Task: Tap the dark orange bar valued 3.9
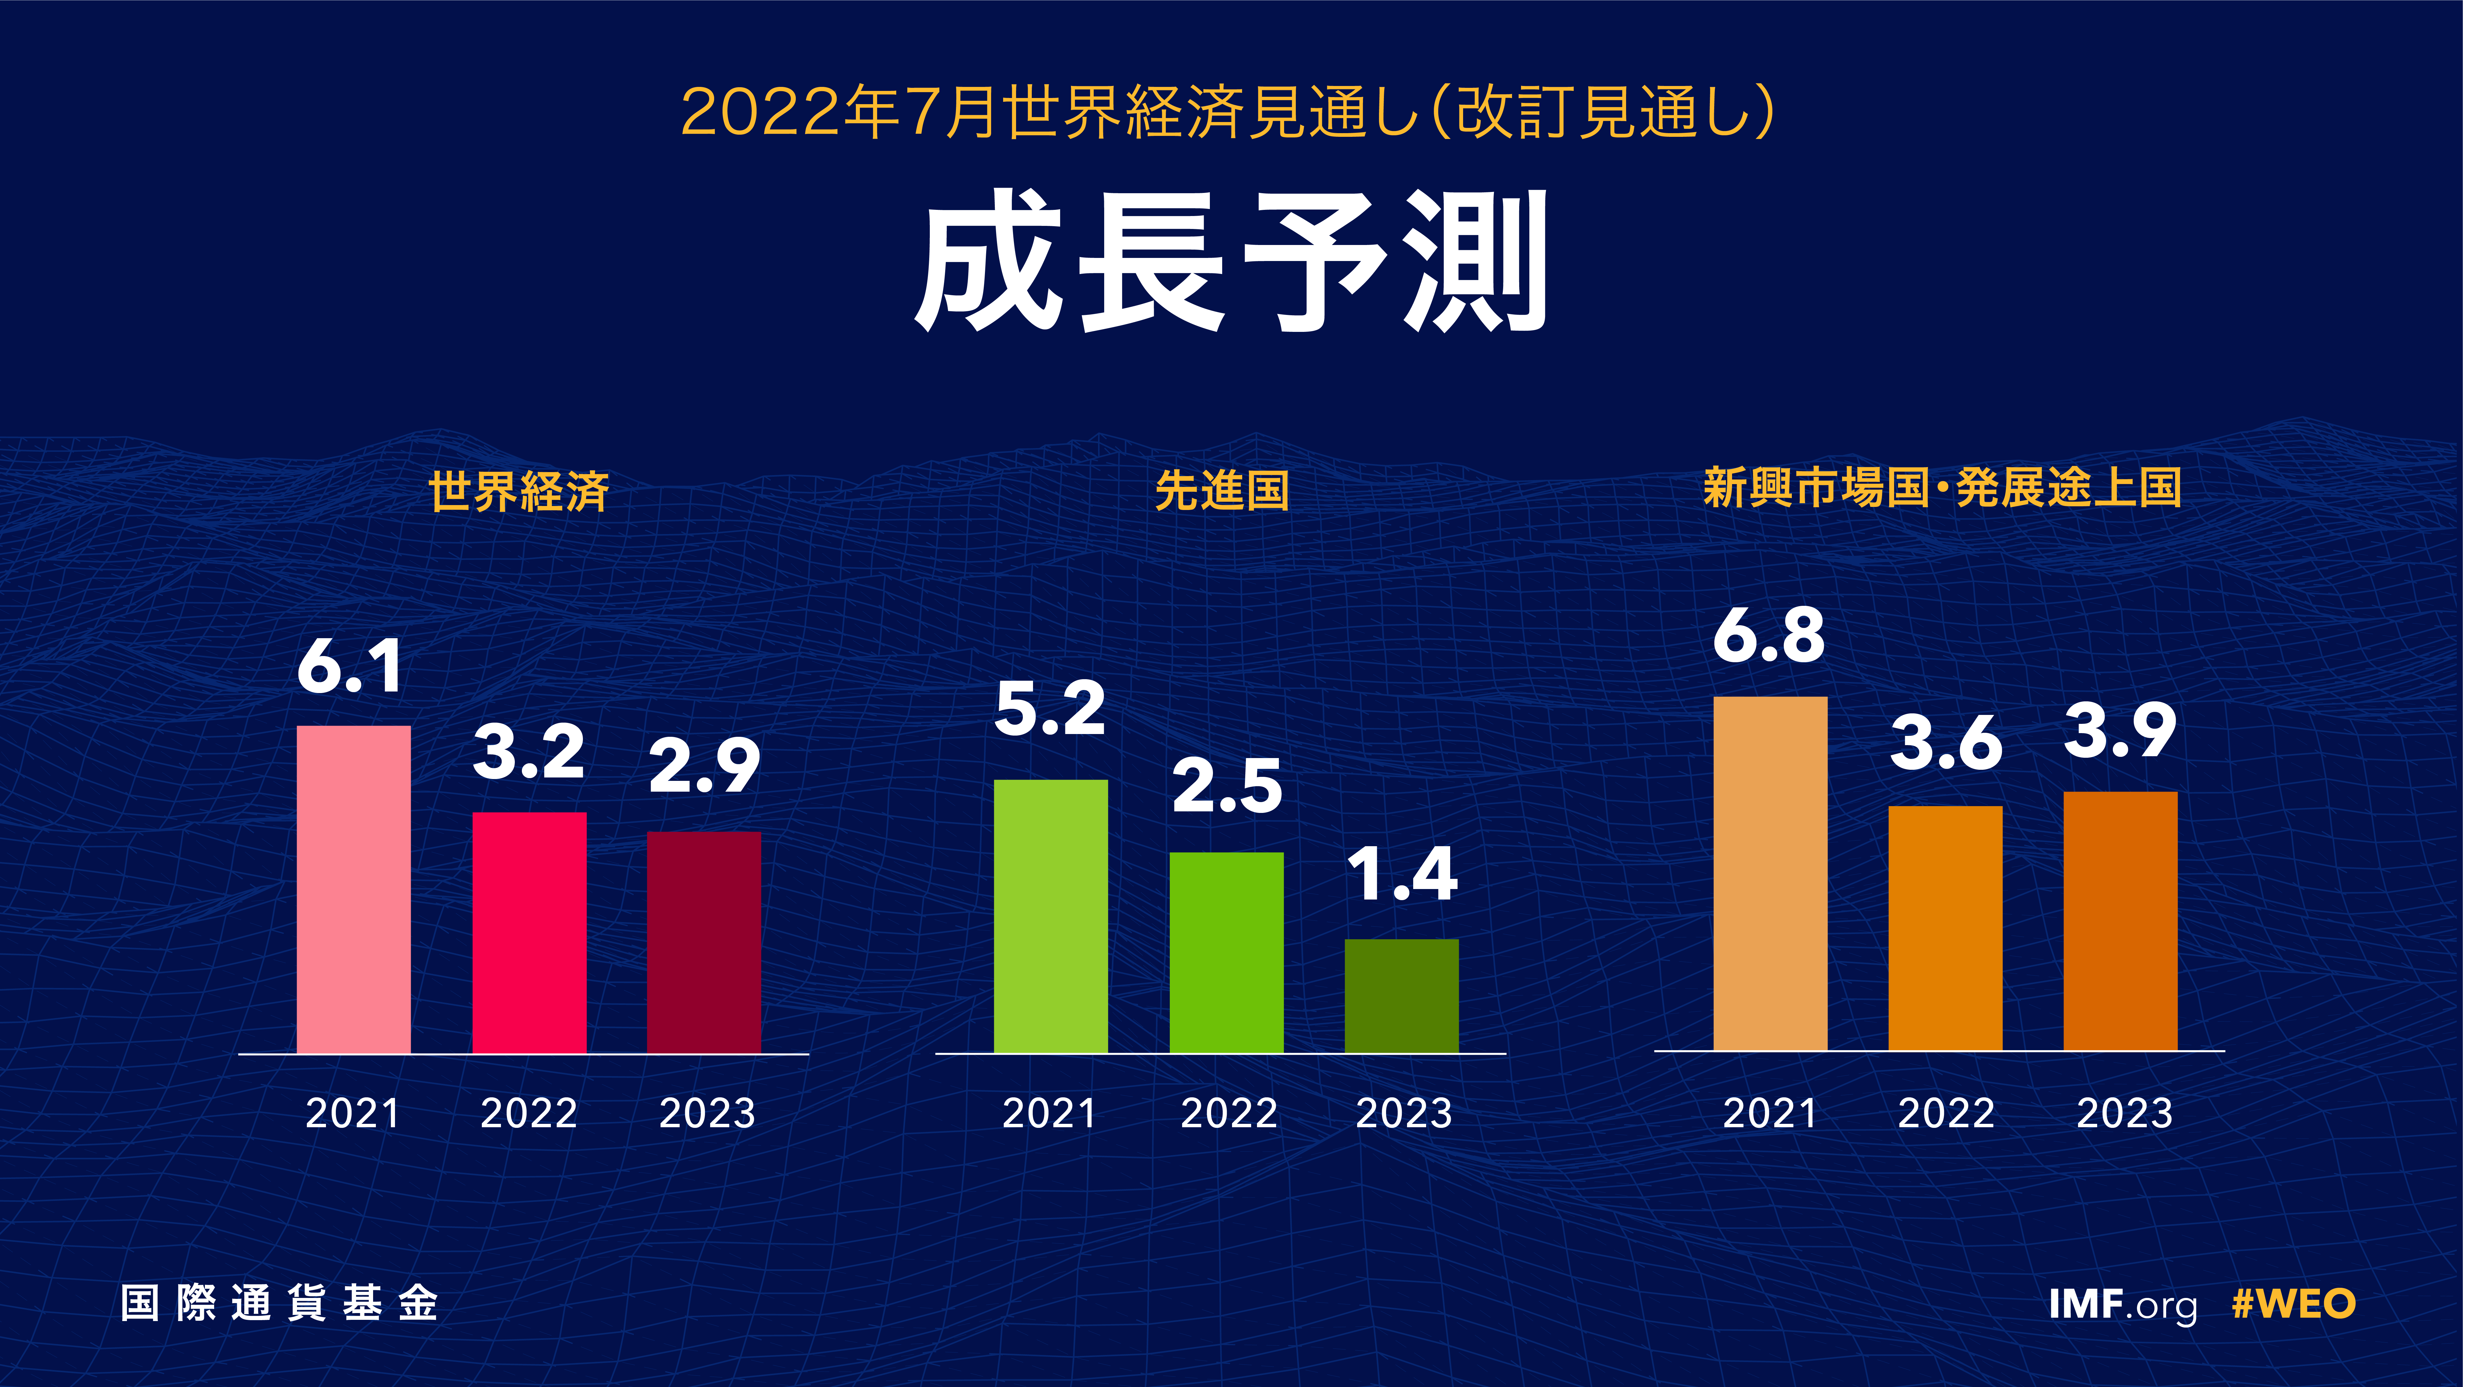tap(2121, 921)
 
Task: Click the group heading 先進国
tap(1222, 490)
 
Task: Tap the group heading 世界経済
tap(519, 491)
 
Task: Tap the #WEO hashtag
tap(2294, 1304)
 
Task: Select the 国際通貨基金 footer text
tap(279, 1303)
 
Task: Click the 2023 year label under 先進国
tap(1404, 1113)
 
